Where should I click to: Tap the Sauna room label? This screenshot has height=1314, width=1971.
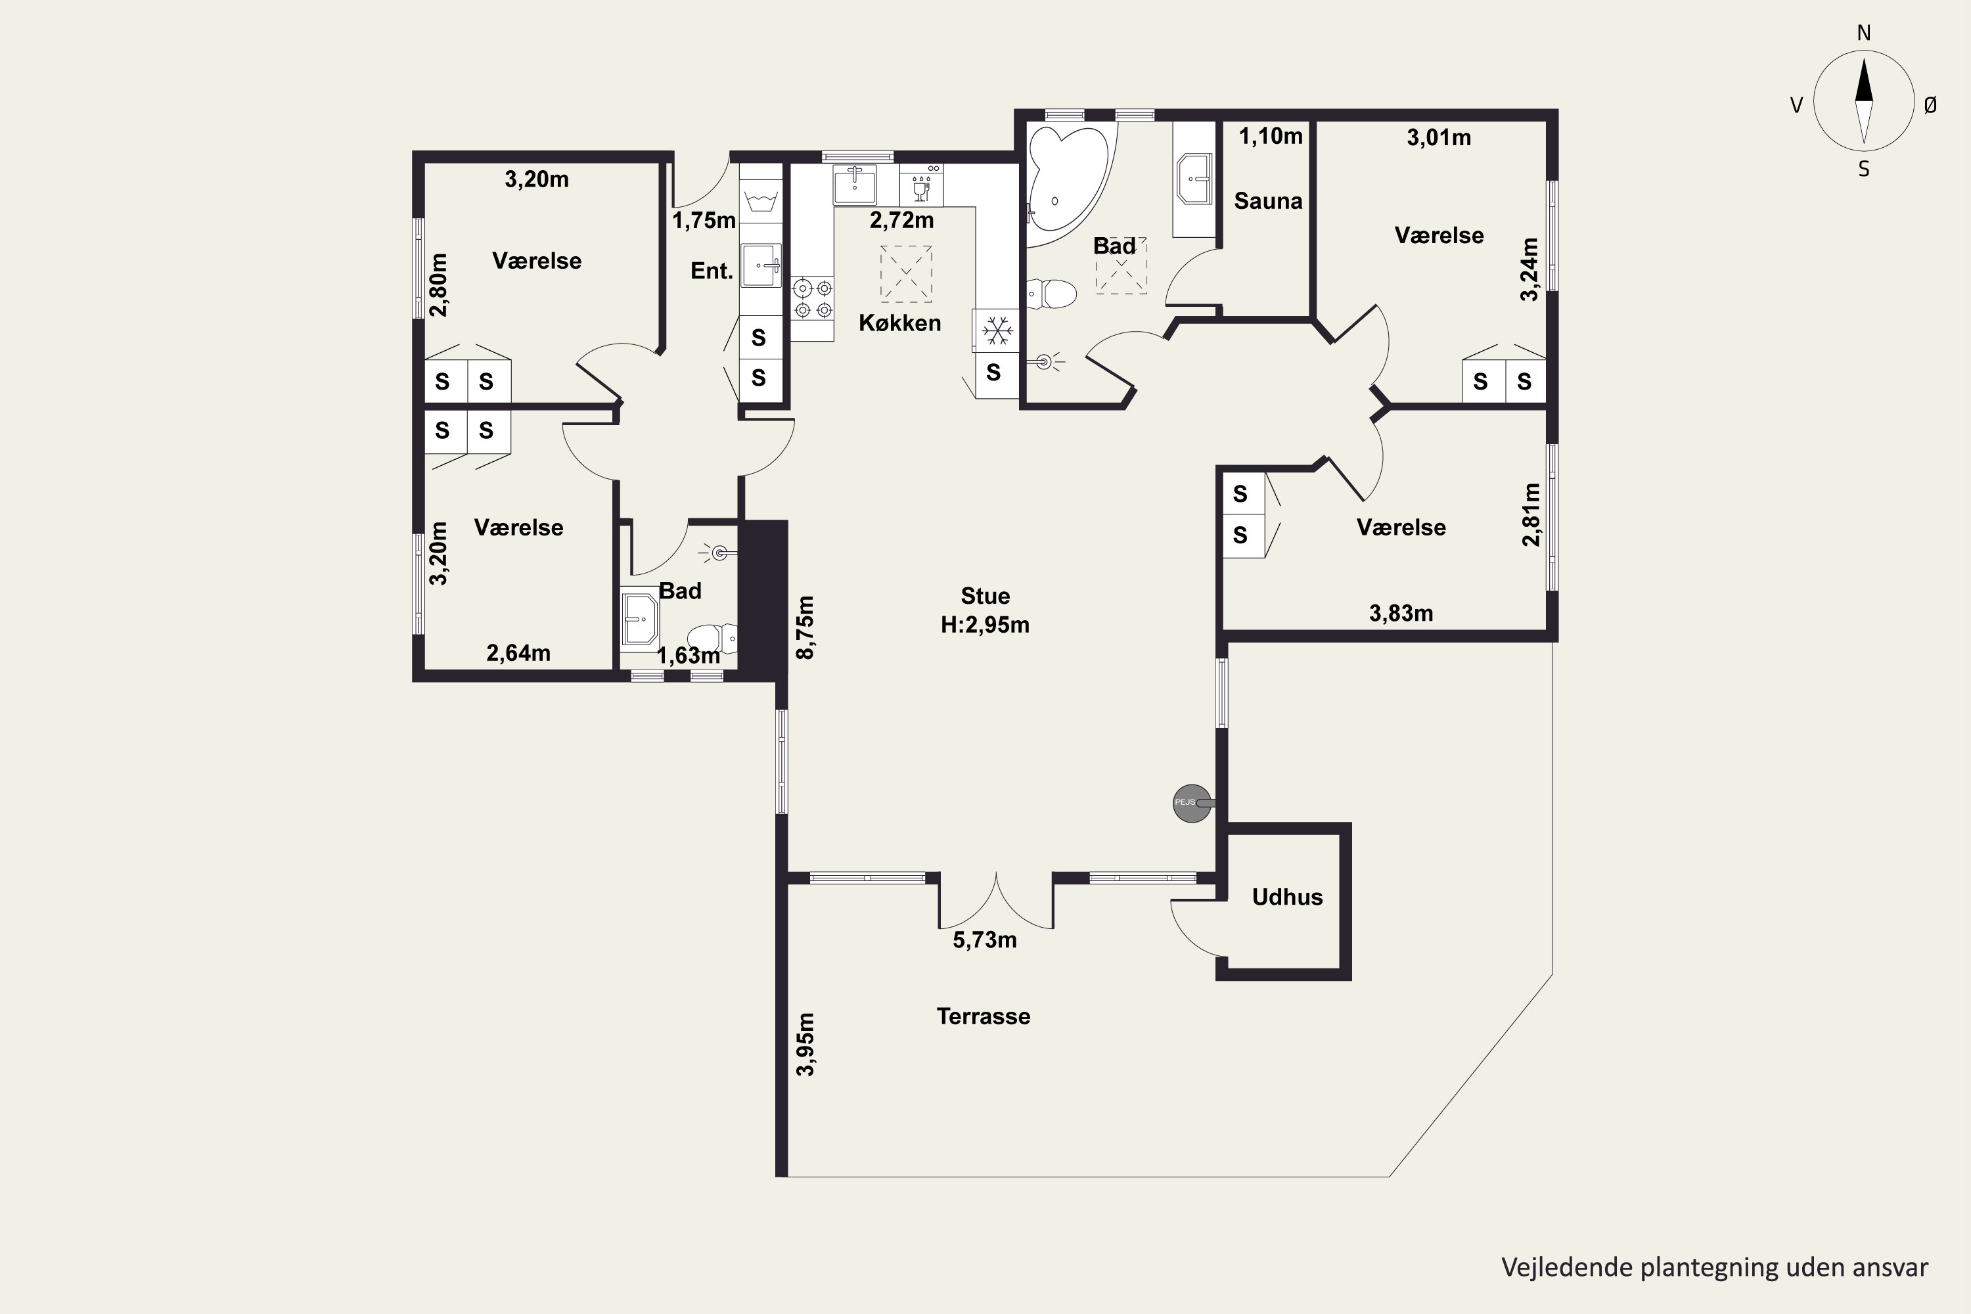[x=1268, y=201]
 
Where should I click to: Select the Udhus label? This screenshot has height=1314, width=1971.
[x=1287, y=897]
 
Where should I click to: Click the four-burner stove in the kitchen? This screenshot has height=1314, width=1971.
[x=813, y=299]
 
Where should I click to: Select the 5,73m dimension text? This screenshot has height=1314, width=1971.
[x=985, y=940]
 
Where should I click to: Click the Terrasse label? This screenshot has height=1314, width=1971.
[x=983, y=1016]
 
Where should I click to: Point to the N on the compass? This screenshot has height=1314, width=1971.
[x=1864, y=33]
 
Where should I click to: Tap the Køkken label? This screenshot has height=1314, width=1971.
[x=900, y=323]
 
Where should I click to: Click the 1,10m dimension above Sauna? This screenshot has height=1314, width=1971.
[x=1271, y=137]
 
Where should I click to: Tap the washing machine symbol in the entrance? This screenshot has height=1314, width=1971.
[x=761, y=202]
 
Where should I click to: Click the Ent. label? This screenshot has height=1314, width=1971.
[x=712, y=271]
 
